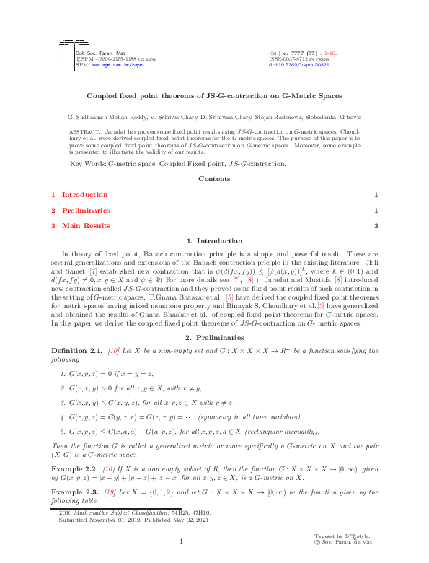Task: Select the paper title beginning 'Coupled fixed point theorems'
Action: pos(214,95)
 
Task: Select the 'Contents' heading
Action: pos(214,178)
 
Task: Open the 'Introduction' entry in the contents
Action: pos(84,195)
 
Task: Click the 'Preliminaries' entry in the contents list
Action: pos(86,211)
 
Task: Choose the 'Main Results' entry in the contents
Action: pos(86,226)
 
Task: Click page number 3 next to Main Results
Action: pos(376,226)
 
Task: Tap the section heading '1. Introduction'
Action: pos(214,241)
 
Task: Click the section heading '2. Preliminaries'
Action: pos(214,337)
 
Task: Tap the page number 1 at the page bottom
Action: pos(182,541)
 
